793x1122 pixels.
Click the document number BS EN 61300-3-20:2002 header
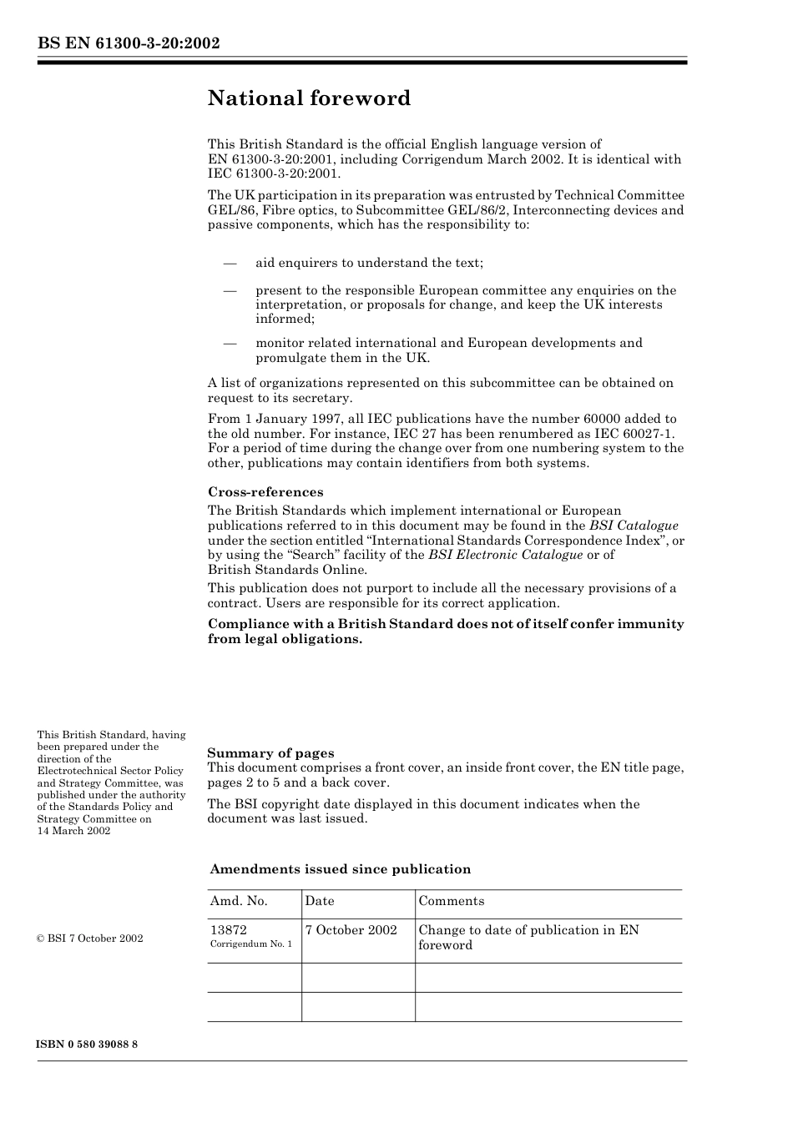coord(129,43)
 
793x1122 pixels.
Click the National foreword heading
coord(309,98)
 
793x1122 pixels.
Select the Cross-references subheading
coord(265,491)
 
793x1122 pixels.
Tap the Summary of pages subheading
coord(270,752)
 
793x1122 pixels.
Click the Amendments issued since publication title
coord(340,869)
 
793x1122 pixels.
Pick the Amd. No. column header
coord(239,901)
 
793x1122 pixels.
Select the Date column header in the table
coord(320,901)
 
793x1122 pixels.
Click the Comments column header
coord(451,901)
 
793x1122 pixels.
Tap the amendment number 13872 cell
coord(228,929)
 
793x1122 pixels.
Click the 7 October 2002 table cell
coord(351,930)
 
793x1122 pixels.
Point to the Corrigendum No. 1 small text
coord(250,944)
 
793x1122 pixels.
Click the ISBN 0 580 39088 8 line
coord(87,1044)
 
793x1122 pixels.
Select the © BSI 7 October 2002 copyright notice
coord(90,938)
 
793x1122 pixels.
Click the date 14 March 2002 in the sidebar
coord(73,831)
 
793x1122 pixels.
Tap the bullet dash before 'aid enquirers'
coord(230,263)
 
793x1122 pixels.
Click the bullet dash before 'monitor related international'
coord(230,343)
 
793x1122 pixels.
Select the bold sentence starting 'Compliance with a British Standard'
coord(446,631)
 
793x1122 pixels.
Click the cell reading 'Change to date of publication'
coord(528,937)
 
